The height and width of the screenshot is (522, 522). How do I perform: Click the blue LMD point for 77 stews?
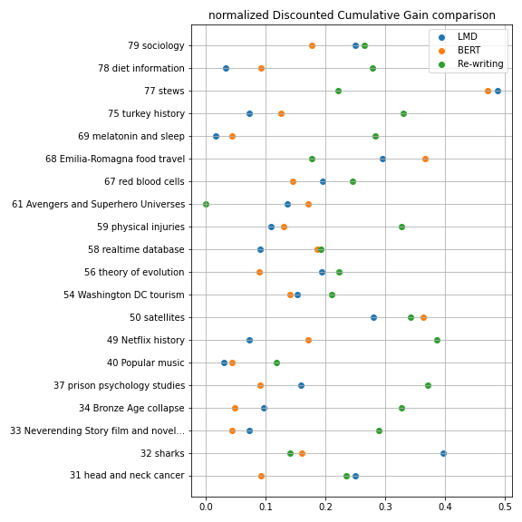click(x=498, y=91)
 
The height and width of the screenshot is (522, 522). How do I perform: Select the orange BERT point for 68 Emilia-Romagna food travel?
click(x=425, y=159)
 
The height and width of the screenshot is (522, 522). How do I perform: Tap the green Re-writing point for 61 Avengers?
click(x=206, y=204)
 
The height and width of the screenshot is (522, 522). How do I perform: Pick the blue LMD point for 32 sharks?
click(x=443, y=453)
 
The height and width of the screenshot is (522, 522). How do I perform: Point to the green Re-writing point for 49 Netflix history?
click(x=437, y=340)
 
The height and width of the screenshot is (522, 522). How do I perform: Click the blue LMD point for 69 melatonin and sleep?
click(x=216, y=136)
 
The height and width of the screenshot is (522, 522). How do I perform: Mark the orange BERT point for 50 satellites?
click(x=423, y=317)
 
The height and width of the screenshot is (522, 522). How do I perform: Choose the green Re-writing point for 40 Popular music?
click(x=276, y=362)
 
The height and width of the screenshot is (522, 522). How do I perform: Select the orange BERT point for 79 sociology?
click(x=312, y=45)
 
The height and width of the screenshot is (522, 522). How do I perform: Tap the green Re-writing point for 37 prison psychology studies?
click(x=428, y=385)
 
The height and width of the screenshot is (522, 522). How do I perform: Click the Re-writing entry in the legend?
click(x=470, y=64)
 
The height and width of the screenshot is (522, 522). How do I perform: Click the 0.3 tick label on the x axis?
click(x=385, y=507)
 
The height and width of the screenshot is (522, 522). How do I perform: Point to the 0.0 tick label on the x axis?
click(x=206, y=507)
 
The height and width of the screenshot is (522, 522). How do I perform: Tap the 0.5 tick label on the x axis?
click(x=505, y=507)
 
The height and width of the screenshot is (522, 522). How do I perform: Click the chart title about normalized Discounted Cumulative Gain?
click(x=352, y=15)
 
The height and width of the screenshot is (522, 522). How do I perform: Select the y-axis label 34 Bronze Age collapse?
click(x=131, y=408)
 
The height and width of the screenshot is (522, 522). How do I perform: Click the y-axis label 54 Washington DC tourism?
click(x=124, y=295)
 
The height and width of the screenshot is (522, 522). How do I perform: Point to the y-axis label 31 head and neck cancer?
click(x=127, y=475)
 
